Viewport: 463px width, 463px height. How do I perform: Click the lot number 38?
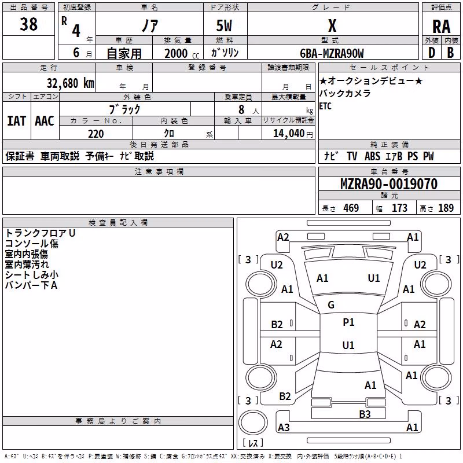[x=28, y=24]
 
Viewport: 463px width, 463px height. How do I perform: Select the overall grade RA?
[x=441, y=27]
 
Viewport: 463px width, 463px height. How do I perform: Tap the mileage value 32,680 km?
[x=71, y=83]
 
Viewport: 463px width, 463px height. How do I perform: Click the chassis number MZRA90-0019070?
[x=389, y=184]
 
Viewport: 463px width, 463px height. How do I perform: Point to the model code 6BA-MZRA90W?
[x=332, y=53]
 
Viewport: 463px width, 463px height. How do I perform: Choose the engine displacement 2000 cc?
[x=182, y=53]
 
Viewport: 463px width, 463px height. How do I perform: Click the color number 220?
[x=96, y=134]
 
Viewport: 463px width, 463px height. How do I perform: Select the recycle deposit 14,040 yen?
[x=293, y=134]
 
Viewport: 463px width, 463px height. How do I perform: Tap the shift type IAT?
[x=17, y=121]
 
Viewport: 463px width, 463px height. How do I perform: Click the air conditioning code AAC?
[x=45, y=121]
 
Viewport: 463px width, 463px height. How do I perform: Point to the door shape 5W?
[x=224, y=25]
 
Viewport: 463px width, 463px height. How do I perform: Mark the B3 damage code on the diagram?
[x=365, y=414]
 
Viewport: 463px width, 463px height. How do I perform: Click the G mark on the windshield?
[x=331, y=305]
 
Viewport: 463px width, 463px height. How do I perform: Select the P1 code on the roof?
[x=348, y=322]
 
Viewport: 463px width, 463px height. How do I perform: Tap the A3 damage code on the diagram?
[x=284, y=427]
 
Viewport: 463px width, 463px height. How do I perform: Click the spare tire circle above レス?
[x=253, y=422]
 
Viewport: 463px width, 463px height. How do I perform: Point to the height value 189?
[x=446, y=208]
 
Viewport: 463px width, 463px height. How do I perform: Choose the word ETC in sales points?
[x=325, y=106]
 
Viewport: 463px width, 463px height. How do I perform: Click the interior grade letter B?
[x=450, y=53]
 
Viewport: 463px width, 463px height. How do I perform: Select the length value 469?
[x=351, y=208]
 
